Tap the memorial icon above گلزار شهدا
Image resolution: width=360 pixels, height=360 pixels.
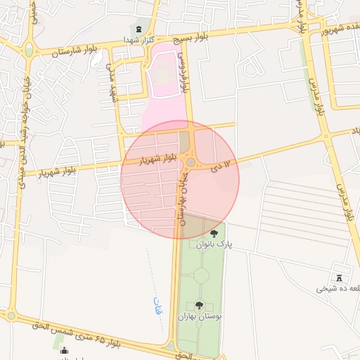[x=137, y=28]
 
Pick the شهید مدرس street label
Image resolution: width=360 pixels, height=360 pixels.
[x=111, y=82]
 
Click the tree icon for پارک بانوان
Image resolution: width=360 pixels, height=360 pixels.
[x=214, y=233]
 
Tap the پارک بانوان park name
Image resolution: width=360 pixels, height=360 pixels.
[x=219, y=244]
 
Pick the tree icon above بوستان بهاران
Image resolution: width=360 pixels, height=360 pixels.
[x=199, y=305]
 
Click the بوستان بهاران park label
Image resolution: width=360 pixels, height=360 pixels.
[x=205, y=316]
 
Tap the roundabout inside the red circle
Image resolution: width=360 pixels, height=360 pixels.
[x=191, y=163]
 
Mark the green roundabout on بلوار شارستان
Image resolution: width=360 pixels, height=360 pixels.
[x=29, y=51]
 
